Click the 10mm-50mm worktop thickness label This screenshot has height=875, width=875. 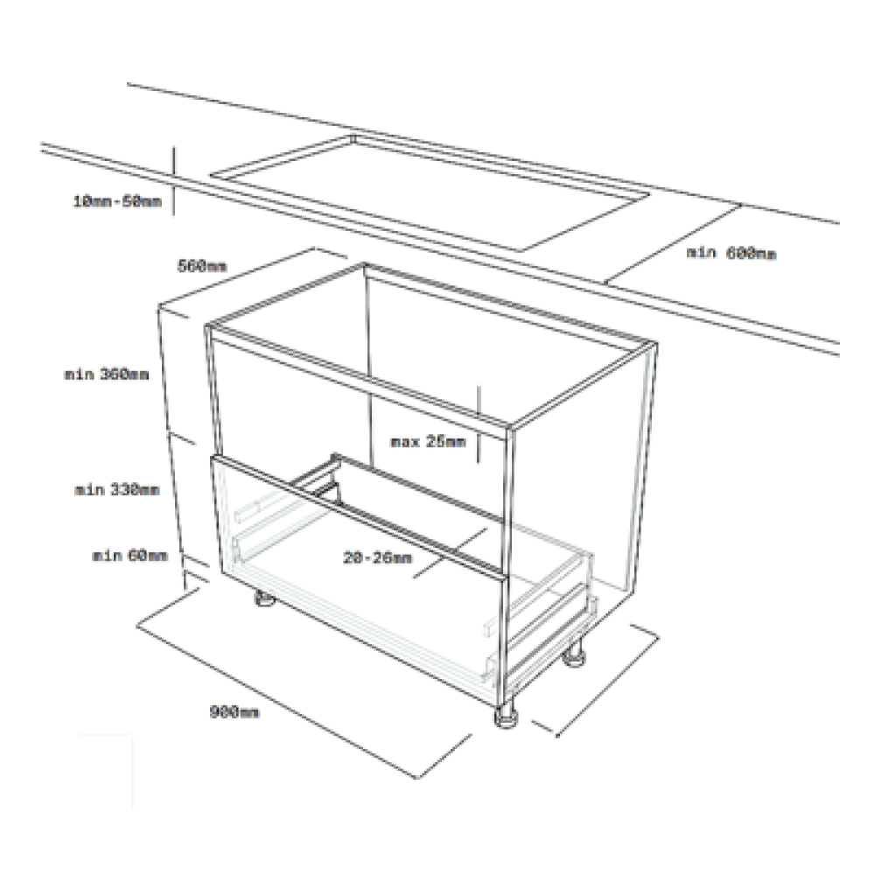(x=117, y=201)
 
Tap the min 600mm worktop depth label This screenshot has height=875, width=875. (x=731, y=253)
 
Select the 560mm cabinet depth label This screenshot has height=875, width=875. (x=202, y=266)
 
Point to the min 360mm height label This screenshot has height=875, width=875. (x=107, y=374)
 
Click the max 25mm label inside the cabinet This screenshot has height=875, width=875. (x=428, y=441)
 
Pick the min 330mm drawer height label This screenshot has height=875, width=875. (x=117, y=490)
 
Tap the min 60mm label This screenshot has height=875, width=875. (x=129, y=556)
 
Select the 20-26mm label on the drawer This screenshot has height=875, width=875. (x=378, y=557)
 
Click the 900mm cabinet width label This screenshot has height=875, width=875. (x=234, y=712)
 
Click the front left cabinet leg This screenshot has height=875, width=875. (x=264, y=598)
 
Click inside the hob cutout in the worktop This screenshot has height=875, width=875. (x=430, y=192)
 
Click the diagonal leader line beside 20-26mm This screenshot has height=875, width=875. (x=450, y=553)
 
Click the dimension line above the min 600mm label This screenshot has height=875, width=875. (x=673, y=244)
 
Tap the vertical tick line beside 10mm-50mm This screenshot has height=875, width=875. (x=173, y=180)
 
